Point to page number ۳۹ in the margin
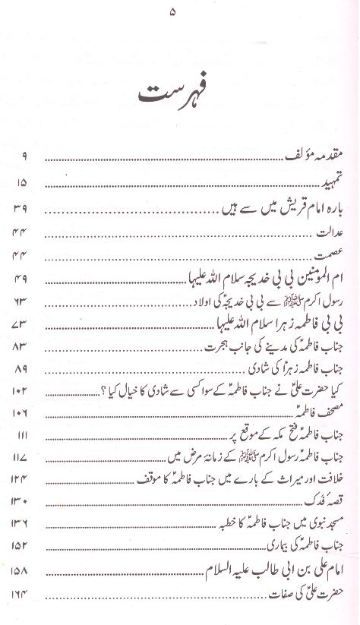click(21, 207)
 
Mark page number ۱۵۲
click(21, 547)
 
